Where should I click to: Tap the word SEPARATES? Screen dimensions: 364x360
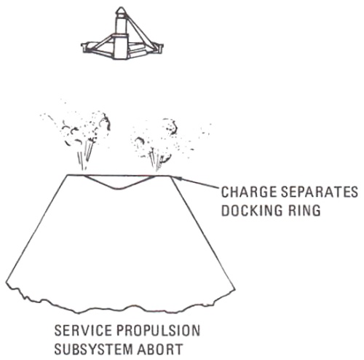[320, 192]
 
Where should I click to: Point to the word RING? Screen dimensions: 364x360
[304, 211]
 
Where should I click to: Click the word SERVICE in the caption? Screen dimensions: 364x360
[83, 331]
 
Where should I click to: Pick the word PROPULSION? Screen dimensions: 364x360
[159, 331]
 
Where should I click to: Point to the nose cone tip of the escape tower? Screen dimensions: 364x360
[121, 8]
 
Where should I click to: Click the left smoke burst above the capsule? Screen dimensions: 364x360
[78, 136]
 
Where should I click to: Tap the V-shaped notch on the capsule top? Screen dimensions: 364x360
[119, 187]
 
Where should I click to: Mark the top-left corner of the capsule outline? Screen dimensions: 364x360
[68, 175]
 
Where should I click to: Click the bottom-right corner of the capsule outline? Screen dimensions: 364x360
[235, 289]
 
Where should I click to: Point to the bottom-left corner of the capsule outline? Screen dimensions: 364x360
[6, 282]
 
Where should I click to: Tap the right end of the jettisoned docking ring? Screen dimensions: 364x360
[162, 47]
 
